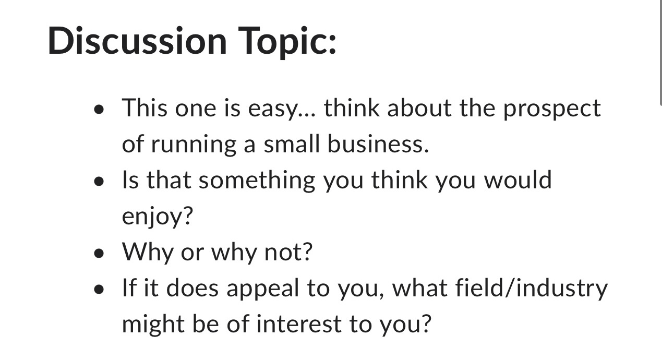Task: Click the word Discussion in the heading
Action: (137, 40)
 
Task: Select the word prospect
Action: (551, 109)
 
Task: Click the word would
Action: (517, 180)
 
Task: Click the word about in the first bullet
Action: (420, 108)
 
